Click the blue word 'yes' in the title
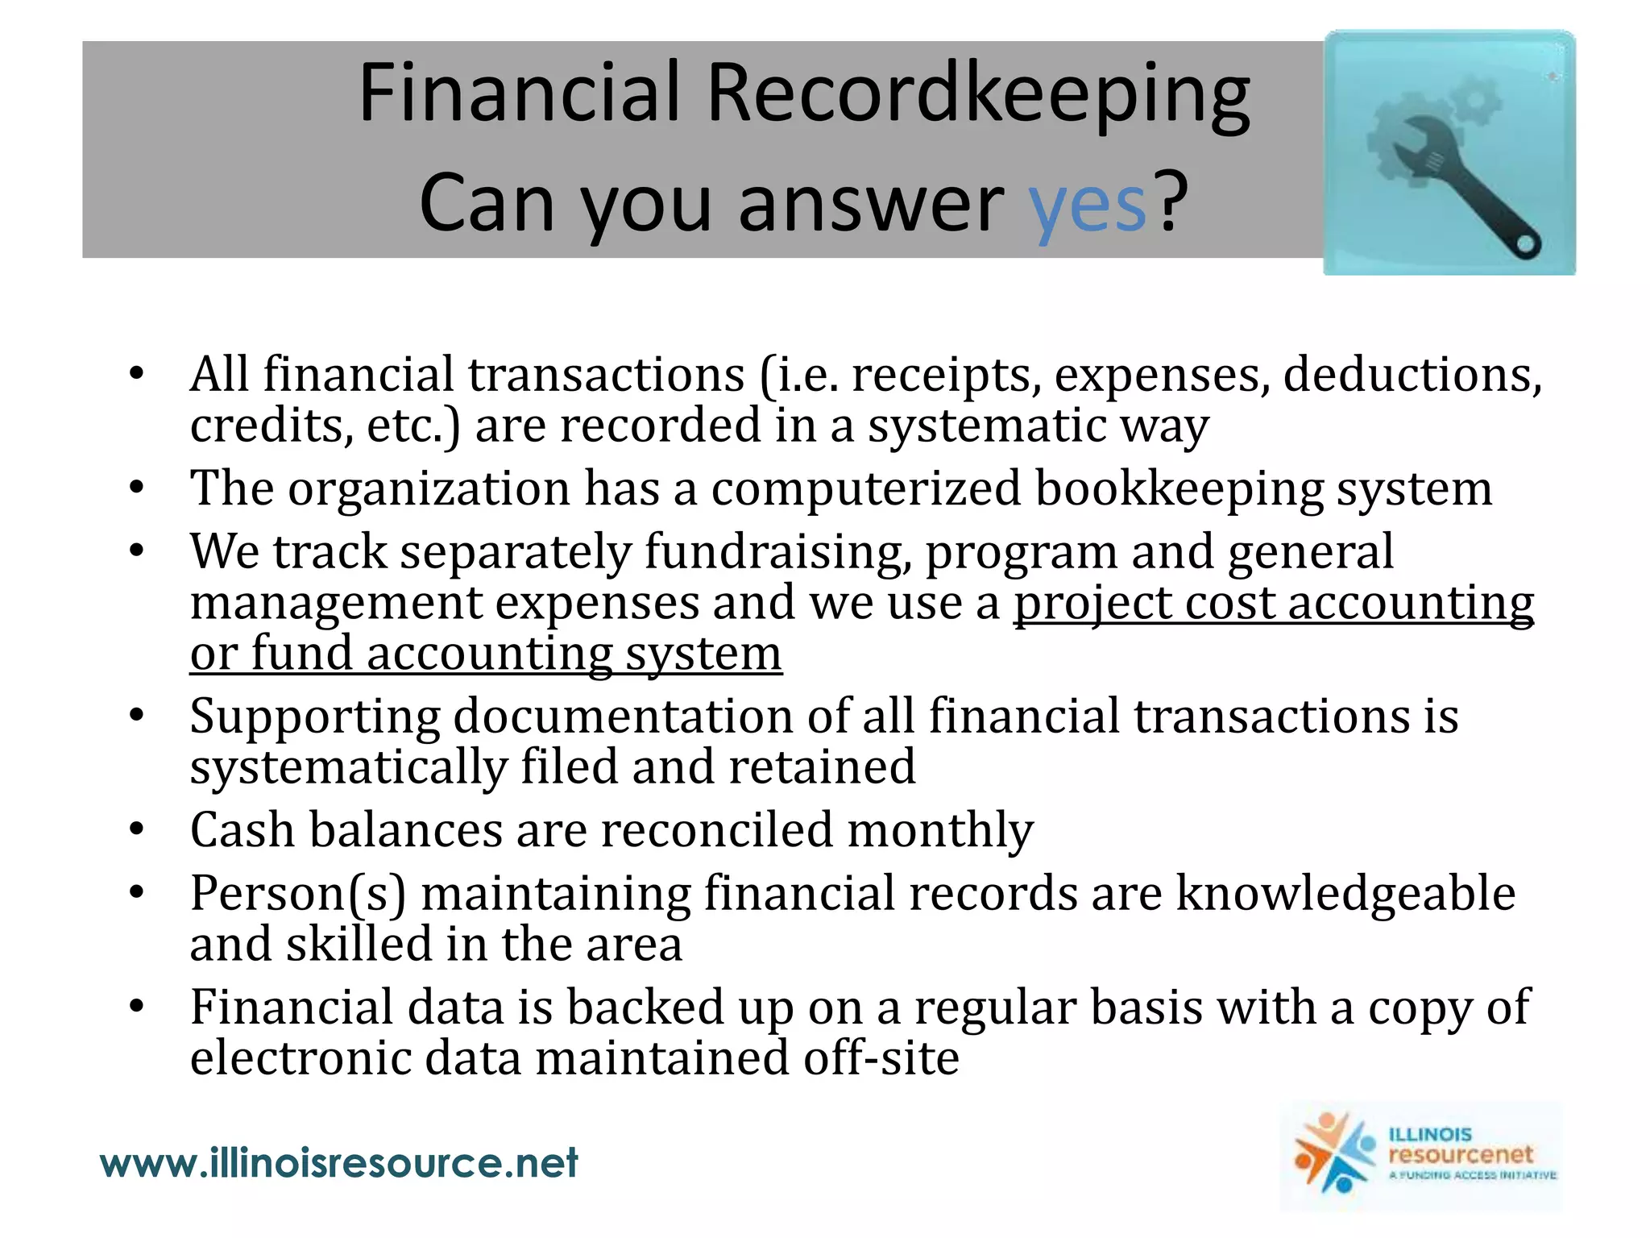1087,205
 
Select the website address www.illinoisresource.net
338,1163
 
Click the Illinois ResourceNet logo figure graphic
1333,1153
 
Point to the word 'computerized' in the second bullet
865,488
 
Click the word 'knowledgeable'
1345,893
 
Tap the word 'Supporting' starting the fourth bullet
315,717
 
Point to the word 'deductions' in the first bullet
1412,375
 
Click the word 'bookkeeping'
1179,488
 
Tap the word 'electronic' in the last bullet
301,1057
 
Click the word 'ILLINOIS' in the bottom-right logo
1430,1134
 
